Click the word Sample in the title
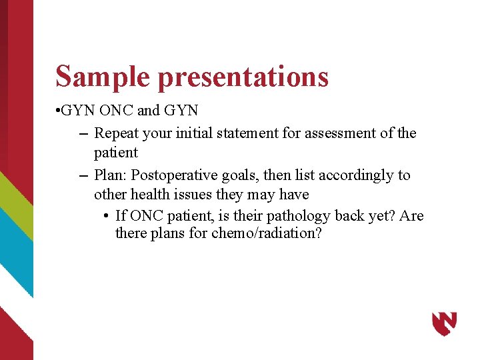pos(103,76)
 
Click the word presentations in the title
pos(243,77)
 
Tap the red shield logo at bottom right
pos(444,323)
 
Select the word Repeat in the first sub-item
pos(115,133)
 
